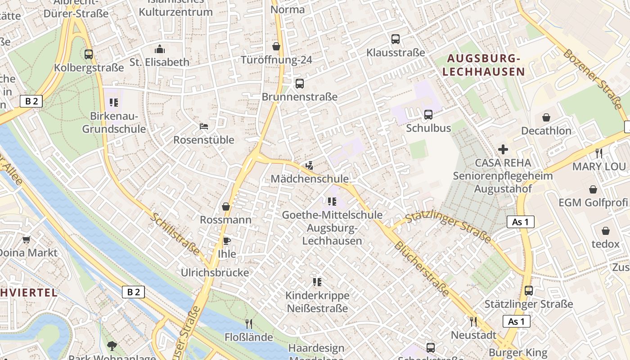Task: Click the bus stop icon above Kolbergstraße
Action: (x=89, y=54)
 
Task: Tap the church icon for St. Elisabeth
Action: (x=159, y=49)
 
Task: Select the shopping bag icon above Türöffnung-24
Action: (x=276, y=46)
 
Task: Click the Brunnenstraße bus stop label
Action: (x=299, y=97)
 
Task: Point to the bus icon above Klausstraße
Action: (x=396, y=39)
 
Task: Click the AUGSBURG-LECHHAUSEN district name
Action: (x=484, y=65)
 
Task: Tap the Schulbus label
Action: (x=428, y=128)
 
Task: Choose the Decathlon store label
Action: (x=546, y=131)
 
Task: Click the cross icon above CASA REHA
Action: (x=503, y=149)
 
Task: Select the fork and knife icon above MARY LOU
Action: (x=598, y=153)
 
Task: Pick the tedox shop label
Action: (x=605, y=244)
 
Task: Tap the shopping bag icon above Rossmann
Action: (x=226, y=207)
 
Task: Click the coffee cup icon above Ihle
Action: (x=227, y=241)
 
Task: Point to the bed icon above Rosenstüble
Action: (x=204, y=126)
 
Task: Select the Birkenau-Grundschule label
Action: (x=114, y=122)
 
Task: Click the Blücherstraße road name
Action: (x=421, y=269)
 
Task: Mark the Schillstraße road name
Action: (x=175, y=234)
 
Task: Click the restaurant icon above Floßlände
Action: (x=248, y=324)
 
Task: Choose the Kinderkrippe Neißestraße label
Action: (x=317, y=302)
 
